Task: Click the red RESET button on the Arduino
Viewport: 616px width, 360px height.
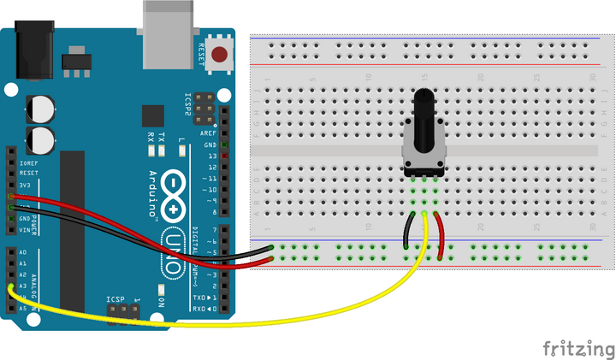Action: click(220, 56)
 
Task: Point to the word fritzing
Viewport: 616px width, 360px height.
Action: click(578, 348)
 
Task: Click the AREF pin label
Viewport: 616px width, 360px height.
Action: click(208, 134)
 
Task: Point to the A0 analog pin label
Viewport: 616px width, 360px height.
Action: click(22, 253)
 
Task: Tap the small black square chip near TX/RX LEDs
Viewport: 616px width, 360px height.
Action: click(153, 115)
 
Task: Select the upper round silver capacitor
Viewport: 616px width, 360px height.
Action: click(41, 109)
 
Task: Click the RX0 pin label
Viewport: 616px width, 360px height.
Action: click(199, 308)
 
